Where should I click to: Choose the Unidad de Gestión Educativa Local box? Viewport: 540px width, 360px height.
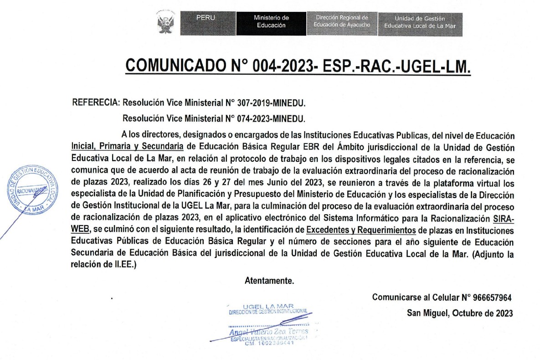pyautogui.click(x=420, y=23)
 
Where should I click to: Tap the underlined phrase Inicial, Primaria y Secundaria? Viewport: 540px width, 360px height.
pyautogui.click(x=128, y=147)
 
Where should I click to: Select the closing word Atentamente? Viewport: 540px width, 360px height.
pyautogui.click(x=269, y=281)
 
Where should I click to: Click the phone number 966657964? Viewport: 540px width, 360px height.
pyautogui.click(x=492, y=298)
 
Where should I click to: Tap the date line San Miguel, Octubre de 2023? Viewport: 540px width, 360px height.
pyautogui.click(x=460, y=314)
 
